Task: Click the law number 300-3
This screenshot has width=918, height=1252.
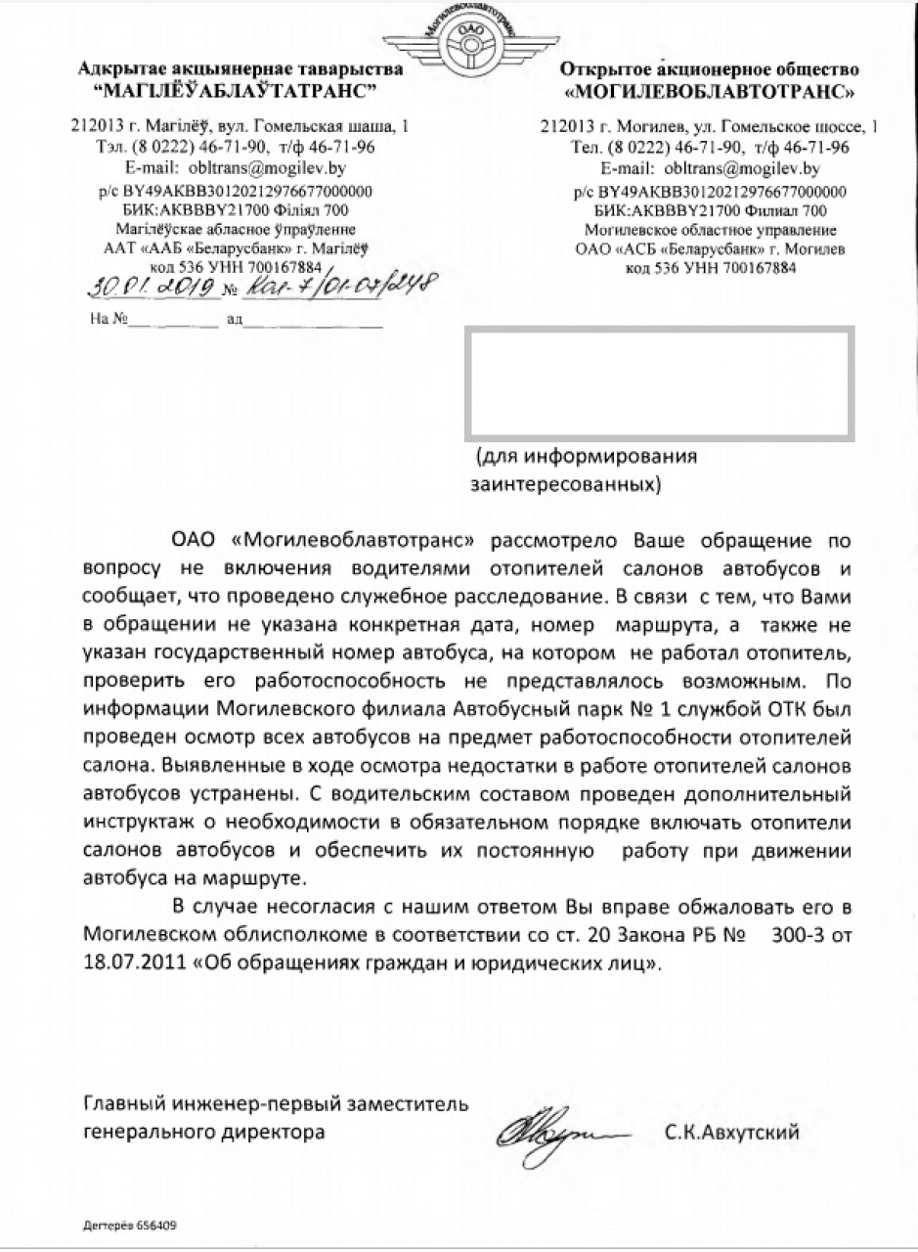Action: click(801, 935)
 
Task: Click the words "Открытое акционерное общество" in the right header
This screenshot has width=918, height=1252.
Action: click(710, 69)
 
